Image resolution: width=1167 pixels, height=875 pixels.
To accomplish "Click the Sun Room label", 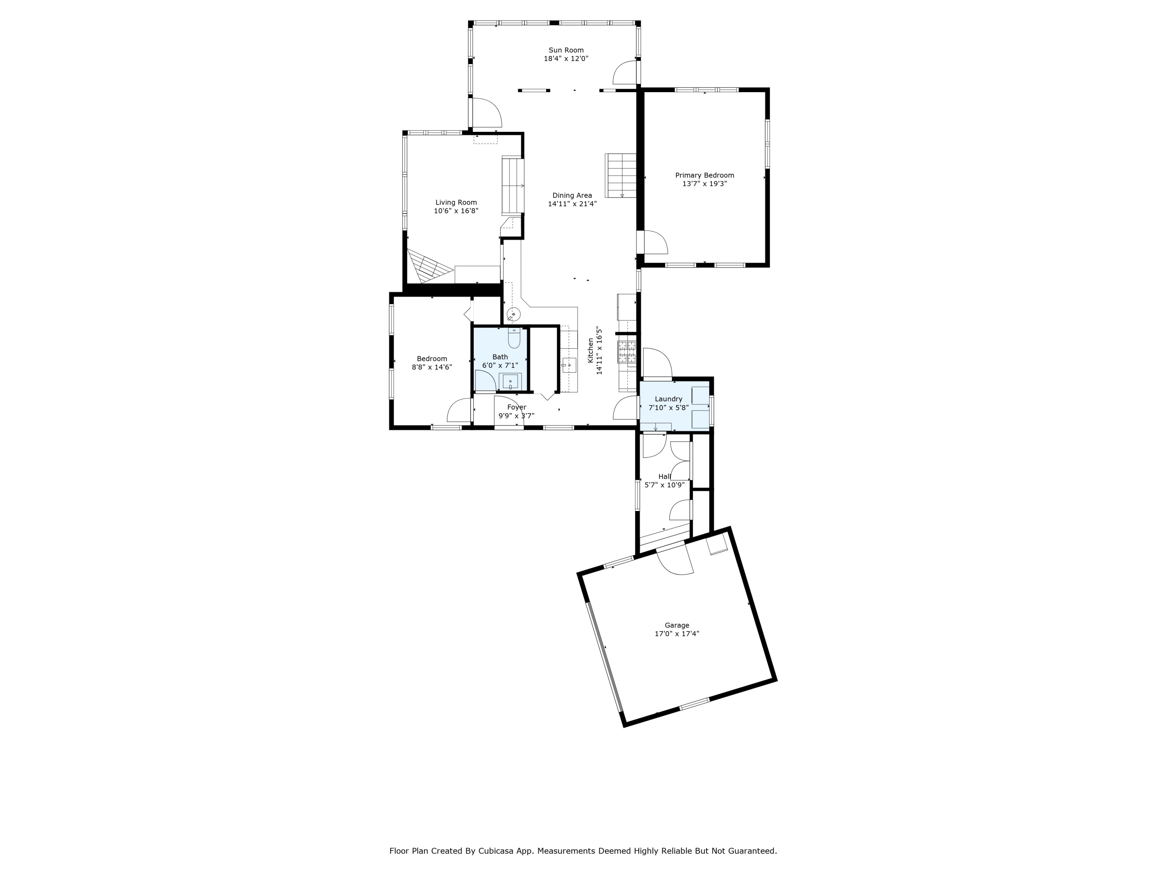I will click(x=566, y=50).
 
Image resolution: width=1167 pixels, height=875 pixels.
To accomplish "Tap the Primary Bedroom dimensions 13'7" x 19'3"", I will click(x=704, y=184).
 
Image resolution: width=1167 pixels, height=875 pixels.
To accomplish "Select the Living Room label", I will click(x=456, y=203).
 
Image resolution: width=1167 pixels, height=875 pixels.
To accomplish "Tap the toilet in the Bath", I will click(x=514, y=338).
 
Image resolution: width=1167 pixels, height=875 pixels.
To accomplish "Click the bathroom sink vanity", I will click(x=510, y=381).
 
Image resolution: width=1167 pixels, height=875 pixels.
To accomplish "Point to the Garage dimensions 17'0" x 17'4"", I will click(x=677, y=634).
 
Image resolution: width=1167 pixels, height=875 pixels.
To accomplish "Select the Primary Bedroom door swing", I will click(x=655, y=243).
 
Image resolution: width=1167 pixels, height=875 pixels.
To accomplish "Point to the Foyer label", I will click(x=517, y=407).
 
